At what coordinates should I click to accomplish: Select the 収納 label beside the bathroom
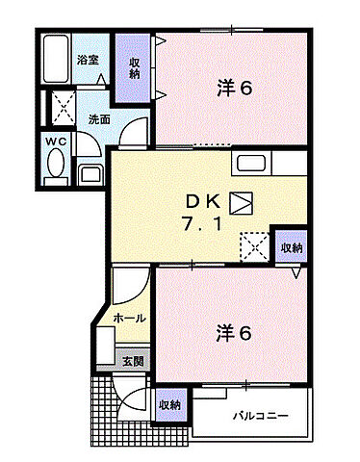coord(134,66)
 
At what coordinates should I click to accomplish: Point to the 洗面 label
coord(99,120)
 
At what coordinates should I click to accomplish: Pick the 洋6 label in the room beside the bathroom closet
coord(234,88)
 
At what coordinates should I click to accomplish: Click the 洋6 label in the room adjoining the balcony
coord(234,333)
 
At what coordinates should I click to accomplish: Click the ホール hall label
coord(129,318)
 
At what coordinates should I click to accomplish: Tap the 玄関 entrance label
coord(133,362)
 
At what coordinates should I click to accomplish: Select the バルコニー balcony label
coord(260,417)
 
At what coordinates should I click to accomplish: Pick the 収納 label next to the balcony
coord(169,405)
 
